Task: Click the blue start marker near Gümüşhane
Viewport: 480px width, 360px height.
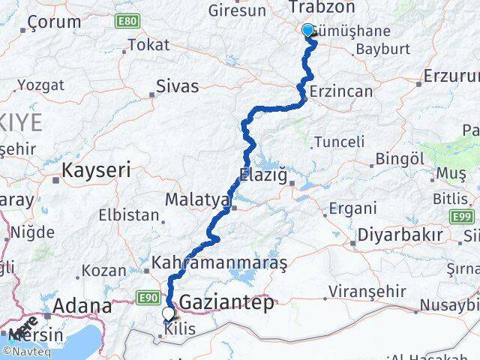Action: [x=307, y=30]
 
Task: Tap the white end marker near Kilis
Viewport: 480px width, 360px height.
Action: [x=167, y=315]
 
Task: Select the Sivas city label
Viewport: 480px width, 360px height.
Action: [x=178, y=86]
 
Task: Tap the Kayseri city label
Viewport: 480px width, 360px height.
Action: [x=96, y=170]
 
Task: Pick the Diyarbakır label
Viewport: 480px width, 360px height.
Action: [x=399, y=234]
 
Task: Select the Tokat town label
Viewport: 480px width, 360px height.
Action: [x=148, y=45]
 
